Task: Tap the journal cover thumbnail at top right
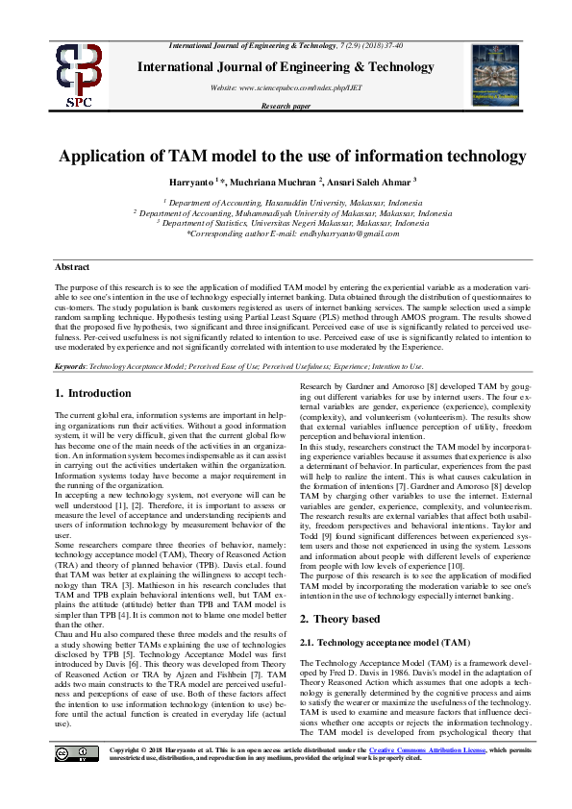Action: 495,75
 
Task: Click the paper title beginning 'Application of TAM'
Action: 286,157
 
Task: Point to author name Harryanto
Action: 211,183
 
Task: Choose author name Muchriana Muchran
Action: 280,183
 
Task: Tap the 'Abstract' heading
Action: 71,266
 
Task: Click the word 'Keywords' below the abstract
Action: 72,367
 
